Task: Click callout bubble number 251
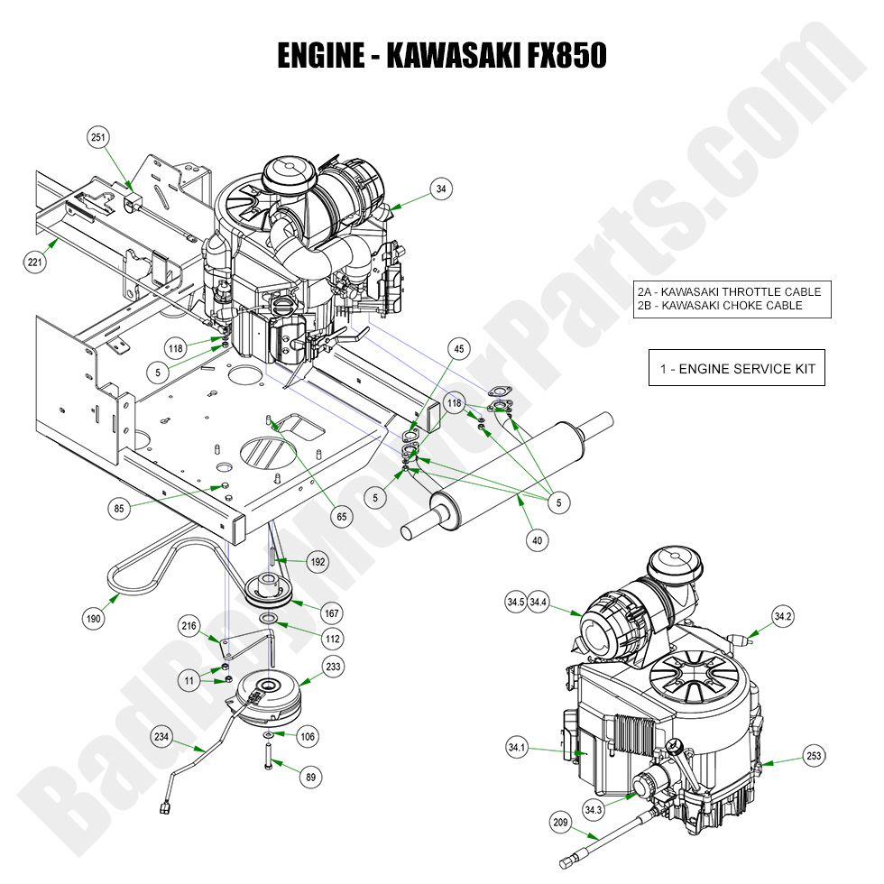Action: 99,137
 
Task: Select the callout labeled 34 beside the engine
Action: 440,189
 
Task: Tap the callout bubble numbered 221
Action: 35,262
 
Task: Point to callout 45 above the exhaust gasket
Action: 459,349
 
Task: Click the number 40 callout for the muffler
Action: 538,539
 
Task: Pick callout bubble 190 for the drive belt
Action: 94,620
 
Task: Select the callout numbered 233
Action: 334,666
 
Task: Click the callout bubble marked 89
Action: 312,776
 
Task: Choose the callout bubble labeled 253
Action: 814,756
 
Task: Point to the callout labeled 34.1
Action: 517,747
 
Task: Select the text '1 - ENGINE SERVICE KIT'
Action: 736,368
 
